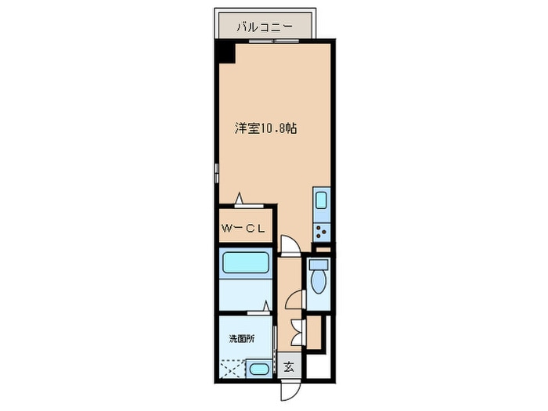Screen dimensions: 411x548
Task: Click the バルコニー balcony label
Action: [265, 27]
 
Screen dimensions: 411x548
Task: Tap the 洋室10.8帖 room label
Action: [266, 128]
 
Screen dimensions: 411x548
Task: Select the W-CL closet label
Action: [246, 229]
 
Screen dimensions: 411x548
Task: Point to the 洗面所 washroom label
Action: [241, 339]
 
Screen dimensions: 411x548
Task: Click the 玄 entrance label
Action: [288, 366]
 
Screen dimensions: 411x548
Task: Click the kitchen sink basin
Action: [321, 200]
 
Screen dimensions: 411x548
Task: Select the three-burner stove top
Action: [321, 229]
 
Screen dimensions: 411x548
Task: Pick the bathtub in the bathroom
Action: [245, 264]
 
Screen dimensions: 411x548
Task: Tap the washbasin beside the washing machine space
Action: [259, 370]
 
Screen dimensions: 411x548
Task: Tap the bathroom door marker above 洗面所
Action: [266, 306]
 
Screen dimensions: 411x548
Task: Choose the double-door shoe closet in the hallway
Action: [296, 332]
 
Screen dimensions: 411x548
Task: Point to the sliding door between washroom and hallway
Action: [276, 337]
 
